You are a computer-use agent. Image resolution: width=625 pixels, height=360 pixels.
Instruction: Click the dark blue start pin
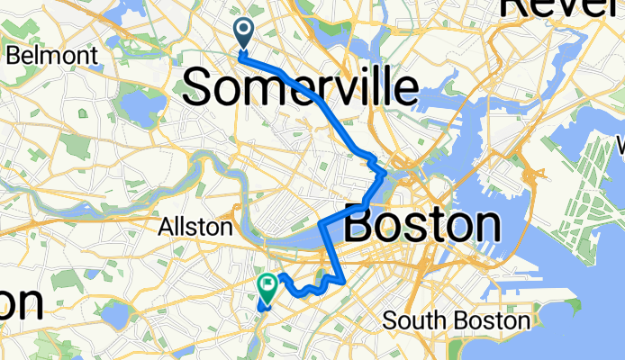click(x=244, y=33)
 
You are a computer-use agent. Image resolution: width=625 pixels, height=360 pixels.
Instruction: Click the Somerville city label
click(x=301, y=88)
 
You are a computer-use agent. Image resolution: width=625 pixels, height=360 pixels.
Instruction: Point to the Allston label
click(x=195, y=227)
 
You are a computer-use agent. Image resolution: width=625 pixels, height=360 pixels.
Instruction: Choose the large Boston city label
click(x=422, y=225)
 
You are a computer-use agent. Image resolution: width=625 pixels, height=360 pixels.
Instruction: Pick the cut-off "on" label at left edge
click(x=20, y=303)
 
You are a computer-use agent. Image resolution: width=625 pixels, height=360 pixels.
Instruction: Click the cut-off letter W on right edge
click(x=620, y=144)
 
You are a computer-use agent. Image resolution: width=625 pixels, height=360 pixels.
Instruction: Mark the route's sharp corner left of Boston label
click(x=322, y=221)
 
